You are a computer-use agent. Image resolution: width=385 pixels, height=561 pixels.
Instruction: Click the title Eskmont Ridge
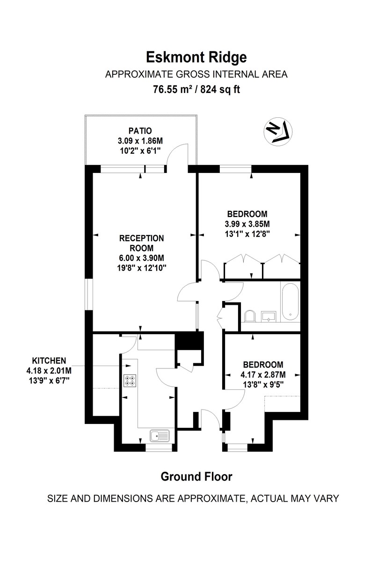coord(196,57)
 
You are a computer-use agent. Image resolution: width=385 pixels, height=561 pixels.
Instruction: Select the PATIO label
coord(140,131)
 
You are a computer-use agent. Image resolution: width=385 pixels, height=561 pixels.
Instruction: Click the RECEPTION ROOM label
coord(142,243)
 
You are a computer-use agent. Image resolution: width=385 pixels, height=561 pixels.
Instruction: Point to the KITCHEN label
coord(49,360)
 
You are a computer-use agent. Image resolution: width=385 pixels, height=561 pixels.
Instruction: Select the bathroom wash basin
coord(270,317)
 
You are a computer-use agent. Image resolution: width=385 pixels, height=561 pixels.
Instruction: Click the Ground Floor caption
coord(196,477)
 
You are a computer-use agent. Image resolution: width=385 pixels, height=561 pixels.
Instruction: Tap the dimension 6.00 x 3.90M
coord(142,258)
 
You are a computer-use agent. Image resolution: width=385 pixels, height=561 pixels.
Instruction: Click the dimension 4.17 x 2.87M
coord(262,374)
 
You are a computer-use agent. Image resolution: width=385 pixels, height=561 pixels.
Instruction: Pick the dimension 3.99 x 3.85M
coord(247,223)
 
